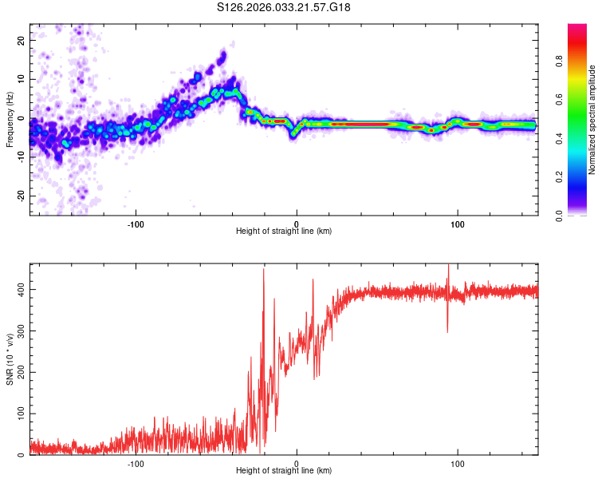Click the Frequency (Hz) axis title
pyautogui.click(x=10, y=120)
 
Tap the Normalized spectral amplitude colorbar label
pyautogui.click(x=592, y=120)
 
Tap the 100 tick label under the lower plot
pyautogui.click(x=458, y=464)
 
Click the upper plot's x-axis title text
pyautogui.click(x=284, y=232)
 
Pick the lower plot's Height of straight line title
pyautogui.click(x=284, y=472)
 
